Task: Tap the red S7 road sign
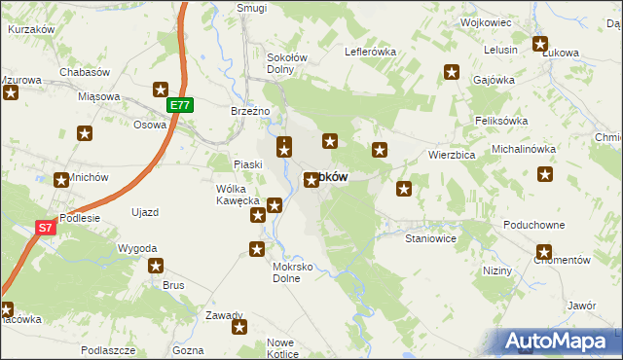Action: coord(45,228)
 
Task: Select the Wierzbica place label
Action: coord(452,155)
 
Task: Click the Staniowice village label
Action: coord(431,237)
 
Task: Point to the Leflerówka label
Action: coord(368,52)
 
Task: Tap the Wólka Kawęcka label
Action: coord(238,195)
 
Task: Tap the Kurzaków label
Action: coord(30,30)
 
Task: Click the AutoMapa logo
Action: coord(559,341)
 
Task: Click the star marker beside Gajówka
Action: coord(452,71)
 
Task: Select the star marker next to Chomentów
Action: coord(543,252)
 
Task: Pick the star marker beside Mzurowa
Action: coord(11,93)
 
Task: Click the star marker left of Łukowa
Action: coord(540,44)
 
